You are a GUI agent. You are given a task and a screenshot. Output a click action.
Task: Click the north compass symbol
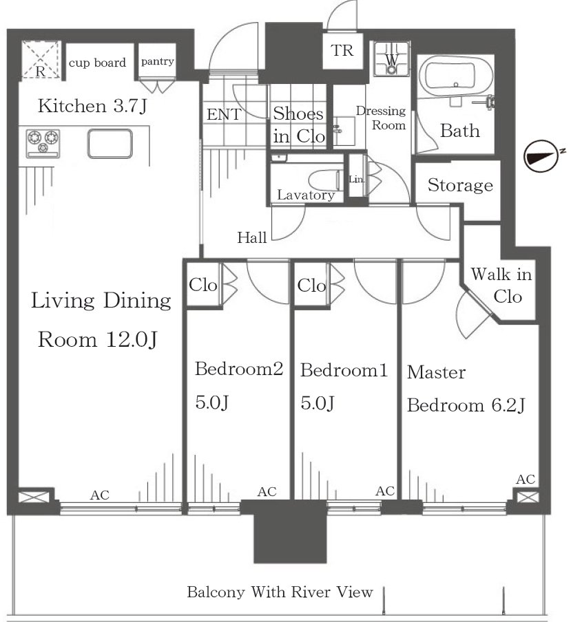point(539,156)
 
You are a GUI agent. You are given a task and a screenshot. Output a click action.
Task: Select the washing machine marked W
point(391,58)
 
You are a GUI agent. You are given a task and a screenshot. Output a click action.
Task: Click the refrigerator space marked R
point(41,60)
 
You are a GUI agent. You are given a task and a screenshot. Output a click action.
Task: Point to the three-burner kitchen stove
point(43,142)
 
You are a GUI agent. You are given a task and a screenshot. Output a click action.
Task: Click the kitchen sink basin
point(110,144)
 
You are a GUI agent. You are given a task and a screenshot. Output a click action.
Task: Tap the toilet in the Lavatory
point(326,180)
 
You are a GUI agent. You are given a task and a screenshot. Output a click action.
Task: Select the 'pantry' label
point(157,61)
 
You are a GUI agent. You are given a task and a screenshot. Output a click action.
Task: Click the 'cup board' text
point(97,63)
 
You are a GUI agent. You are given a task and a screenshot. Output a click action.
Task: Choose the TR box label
point(342,51)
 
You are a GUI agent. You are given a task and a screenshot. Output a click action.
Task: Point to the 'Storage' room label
point(460,185)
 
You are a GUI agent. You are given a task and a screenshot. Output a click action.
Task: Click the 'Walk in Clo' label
point(501,286)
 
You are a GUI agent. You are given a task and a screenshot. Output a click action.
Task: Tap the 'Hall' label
point(251,237)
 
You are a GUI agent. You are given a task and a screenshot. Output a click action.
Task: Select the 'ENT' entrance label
point(224,115)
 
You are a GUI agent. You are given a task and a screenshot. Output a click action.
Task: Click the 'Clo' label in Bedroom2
point(203,285)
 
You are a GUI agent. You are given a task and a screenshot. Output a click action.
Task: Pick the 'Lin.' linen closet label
point(356,180)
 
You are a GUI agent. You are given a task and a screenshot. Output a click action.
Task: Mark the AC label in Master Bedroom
point(526,479)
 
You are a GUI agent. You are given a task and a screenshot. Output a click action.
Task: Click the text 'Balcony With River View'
point(280,592)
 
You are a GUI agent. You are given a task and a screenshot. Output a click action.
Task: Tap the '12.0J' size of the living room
point(132,340)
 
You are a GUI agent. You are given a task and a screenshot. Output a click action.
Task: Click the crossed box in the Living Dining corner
point(34,497)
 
